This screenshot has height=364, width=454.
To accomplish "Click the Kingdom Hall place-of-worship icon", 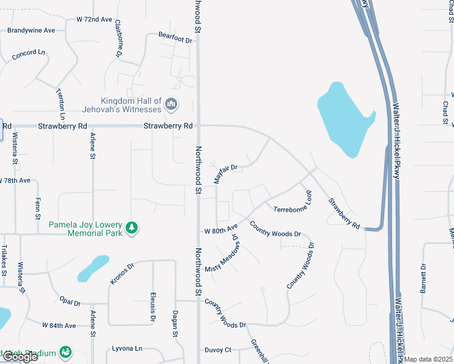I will (x=171, y=105).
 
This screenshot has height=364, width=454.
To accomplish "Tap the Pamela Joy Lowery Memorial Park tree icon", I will (x=132, y=228).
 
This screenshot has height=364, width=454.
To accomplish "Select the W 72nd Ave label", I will (x=94, y=19).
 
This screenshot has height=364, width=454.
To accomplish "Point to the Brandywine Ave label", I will (x=31, y=30).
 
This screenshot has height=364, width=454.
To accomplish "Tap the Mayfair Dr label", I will (x=225, y=174).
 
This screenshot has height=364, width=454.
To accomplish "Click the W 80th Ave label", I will (x=221, y=231).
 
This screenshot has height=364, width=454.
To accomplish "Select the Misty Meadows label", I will (x=223, y=254).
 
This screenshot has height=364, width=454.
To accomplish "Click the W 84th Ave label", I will (x=59, y=326).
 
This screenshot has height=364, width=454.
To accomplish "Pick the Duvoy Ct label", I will (x=218, y=350).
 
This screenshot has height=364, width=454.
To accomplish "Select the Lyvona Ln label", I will (x=127, y=349).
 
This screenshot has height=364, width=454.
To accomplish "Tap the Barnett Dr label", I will (x=424, y=277).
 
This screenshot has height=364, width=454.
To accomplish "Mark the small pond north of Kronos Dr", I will (x=93, y=268).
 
